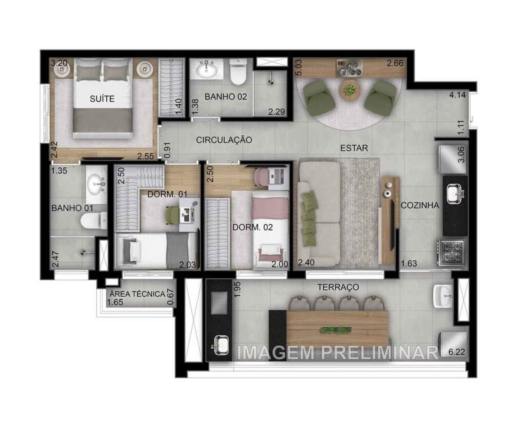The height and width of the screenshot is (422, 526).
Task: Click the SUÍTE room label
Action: tap(102, 99)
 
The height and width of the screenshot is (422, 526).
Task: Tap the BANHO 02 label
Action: tap(226, 97)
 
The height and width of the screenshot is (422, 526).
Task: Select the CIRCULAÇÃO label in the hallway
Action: tap(224, 140)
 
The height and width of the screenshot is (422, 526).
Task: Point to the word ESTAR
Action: tap(354, 148)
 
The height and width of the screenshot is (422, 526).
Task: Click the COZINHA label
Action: tap(420, 205)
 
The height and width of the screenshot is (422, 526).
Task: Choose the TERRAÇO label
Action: tap(338, 287)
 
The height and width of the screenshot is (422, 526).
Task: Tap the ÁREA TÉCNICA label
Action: tap(137, 294)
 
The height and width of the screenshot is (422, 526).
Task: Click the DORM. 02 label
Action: tap(252, 227)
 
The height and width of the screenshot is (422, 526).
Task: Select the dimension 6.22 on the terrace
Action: tap(456, 352)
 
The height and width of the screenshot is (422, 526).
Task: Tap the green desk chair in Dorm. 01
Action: tap(173, 215)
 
